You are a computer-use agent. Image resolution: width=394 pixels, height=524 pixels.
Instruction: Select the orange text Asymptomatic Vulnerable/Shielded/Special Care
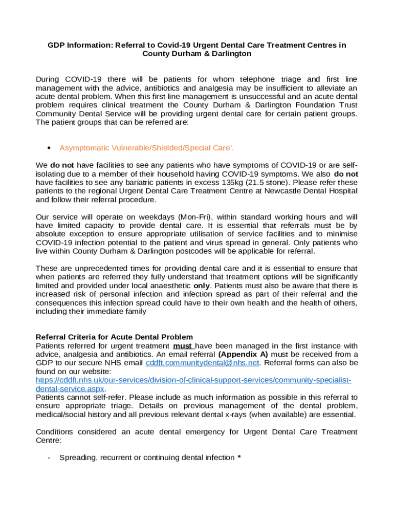[146, 148]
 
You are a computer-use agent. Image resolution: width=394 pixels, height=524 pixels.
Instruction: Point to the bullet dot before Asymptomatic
[48, 148]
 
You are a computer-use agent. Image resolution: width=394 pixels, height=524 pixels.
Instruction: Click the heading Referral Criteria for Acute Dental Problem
[114, 337]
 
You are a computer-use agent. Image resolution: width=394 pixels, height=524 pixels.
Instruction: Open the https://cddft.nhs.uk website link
[193, 380]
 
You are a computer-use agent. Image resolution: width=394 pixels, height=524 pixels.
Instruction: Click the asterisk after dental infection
[239, 457]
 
